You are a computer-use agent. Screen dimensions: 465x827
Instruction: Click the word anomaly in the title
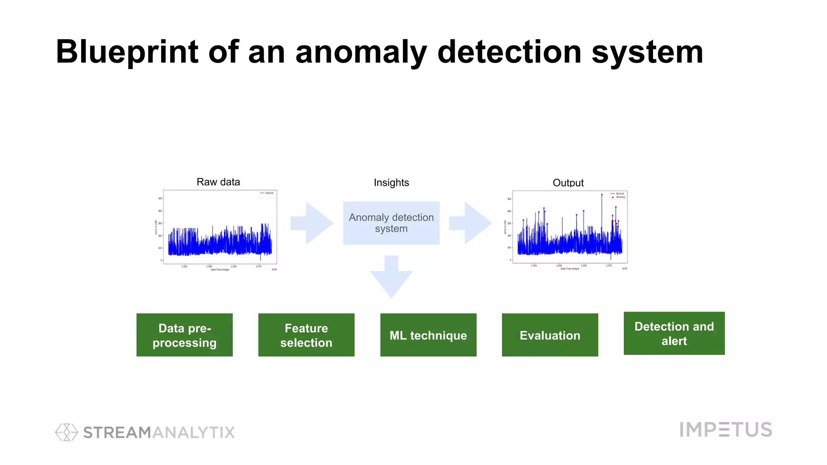tap(361, 52)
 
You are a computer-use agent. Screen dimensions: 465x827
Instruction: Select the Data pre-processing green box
tap(185, 335)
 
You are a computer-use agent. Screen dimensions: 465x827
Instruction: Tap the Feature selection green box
tap(306, 335)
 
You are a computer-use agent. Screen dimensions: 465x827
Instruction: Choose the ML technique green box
tap(428, 335)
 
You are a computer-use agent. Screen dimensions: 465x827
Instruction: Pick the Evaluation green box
tap(550, 335)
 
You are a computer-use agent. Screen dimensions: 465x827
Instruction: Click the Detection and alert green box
tap(674, 333)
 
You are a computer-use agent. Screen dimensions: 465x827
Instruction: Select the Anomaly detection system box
tap(391, 223)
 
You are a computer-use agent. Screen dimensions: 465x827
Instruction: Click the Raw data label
tap(218, 182)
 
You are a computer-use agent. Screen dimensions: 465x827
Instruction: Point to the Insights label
tap(391, 182)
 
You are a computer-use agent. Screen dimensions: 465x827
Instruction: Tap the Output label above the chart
tap(568, 183)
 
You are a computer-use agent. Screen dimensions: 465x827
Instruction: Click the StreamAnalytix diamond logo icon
tap(66, 432)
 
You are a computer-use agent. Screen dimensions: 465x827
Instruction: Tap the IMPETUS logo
tap(726, 429)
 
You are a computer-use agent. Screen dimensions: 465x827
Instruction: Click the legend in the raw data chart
tap(267, 193)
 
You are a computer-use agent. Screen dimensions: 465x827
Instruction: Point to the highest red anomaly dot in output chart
tap(602, 195)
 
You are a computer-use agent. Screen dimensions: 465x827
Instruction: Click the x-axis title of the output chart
tap(569, 268)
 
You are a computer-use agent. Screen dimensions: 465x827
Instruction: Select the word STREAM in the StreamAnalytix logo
tap(117, 432)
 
